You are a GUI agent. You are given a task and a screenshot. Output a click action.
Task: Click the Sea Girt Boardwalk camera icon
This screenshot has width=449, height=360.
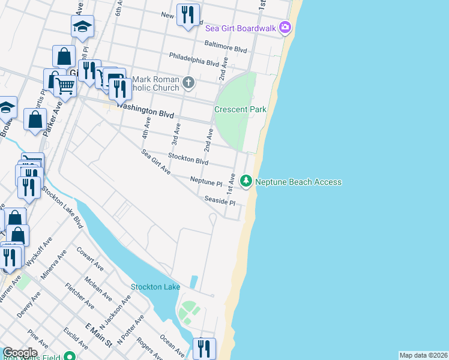(x=285, y=28)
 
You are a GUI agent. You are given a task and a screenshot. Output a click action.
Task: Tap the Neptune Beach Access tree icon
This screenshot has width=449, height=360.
(x=246, y=181)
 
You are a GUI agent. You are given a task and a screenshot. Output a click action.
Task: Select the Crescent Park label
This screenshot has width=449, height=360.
(x=240, y=110)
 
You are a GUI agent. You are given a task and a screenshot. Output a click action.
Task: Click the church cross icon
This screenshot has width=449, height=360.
(x=188, y=82)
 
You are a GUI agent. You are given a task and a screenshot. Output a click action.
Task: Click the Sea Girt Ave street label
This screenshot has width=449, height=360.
(x=156, y=162)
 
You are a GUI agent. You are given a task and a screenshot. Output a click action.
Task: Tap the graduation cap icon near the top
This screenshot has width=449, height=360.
(x=82, y=26)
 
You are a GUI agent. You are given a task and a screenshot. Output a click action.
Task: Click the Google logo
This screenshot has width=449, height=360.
(x=19, y=353)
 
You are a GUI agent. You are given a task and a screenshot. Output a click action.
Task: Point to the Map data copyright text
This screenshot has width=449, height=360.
(x=423, y=355)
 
